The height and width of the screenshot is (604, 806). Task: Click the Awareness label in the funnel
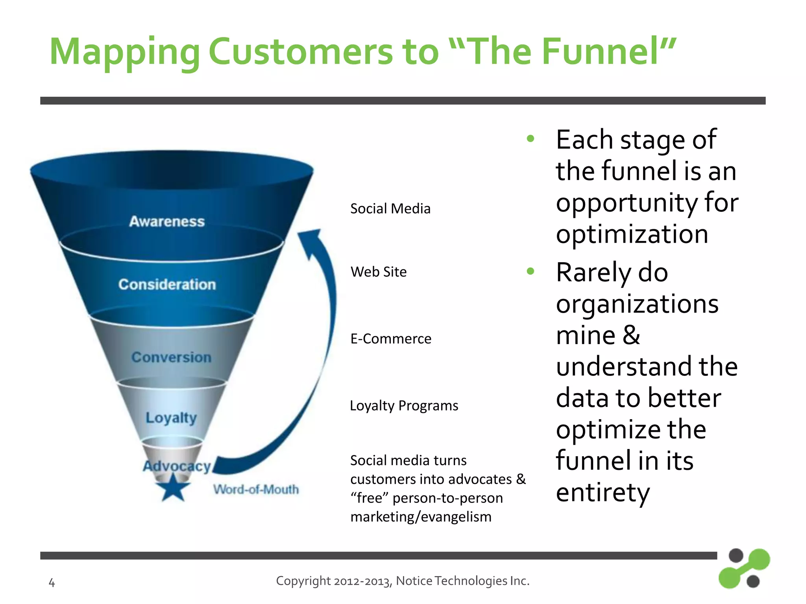pos(167,221)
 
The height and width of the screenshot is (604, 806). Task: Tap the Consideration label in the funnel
pos(167,284)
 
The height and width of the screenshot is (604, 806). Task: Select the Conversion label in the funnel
pos(171,357)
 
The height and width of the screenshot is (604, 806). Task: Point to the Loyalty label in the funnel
pos(171,418)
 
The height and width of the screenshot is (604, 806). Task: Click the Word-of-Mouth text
pos(256,490)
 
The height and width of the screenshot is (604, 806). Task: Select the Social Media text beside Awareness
pos(390,208)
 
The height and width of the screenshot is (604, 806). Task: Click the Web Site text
pos(378,272)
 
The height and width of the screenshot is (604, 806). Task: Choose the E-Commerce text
pos(390,339)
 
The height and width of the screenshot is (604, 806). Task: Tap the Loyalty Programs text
pos(404,405)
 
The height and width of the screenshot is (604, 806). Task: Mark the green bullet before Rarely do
pos(531,271)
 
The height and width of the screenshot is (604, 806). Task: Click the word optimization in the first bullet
pos(632,234)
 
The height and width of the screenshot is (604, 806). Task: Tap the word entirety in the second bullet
pos(603,493)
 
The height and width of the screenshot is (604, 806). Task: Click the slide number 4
pos(52,582)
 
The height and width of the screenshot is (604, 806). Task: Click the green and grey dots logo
pos(743,569)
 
